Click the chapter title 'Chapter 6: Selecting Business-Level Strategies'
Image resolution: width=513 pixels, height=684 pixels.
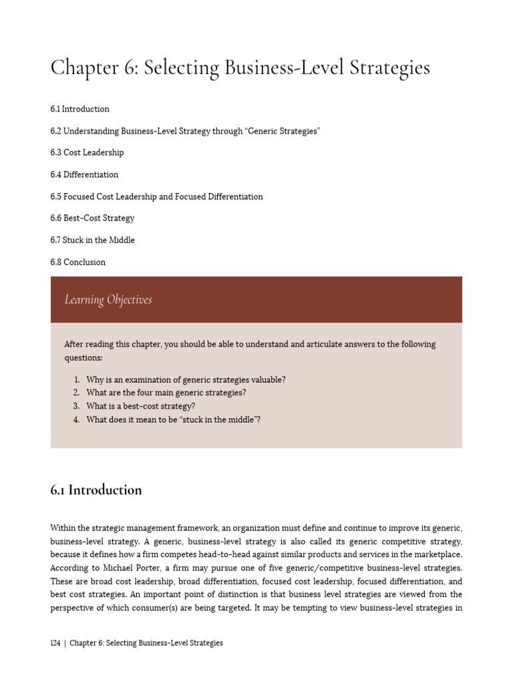pos(240,68)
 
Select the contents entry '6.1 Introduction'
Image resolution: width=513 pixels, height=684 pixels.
pos(79,109)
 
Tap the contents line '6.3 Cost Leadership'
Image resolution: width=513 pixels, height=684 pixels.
pos(87,152)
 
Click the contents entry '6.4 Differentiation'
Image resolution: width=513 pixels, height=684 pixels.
pos(84,174)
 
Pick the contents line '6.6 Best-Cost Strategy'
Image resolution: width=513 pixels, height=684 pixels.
pos(92,218)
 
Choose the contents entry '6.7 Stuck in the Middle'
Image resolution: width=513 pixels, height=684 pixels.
pos(92,240)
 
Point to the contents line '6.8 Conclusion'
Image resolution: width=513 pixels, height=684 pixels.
pos(77,262)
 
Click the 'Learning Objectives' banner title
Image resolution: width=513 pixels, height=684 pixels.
pos(108,300)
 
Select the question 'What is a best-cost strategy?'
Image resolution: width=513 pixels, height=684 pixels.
pos(140,406)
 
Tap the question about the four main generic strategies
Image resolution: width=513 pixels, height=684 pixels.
pos(166,393)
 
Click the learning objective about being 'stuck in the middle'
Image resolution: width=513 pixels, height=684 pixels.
pos(173,419)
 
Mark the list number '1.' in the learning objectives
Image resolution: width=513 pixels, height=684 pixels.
pos(77,379)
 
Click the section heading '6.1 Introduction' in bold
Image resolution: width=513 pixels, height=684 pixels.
pos(96,490)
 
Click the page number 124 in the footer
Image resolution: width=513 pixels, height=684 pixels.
pos(55,643)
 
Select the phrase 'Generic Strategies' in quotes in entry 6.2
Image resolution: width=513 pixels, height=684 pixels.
pos(283,131)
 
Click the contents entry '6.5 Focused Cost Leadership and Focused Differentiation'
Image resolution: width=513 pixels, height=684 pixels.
pos(156,196)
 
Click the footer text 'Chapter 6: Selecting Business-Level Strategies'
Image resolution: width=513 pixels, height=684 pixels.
pos(146,643)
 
